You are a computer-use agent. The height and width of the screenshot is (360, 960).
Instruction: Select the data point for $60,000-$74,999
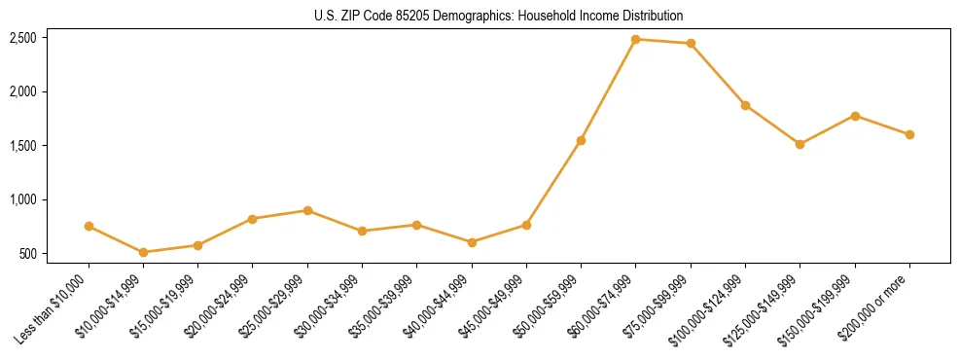636,39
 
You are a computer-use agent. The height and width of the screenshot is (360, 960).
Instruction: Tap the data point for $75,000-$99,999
691,43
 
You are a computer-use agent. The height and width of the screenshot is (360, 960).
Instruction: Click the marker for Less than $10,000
89,226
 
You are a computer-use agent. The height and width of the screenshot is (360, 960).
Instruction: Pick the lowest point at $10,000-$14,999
143,252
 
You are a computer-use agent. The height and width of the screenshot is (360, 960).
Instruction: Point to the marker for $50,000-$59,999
581,140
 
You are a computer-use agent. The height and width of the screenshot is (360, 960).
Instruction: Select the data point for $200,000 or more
909,134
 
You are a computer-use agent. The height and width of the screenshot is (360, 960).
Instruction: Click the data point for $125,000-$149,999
800,144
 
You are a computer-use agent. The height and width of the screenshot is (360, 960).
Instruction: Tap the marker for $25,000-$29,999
307,210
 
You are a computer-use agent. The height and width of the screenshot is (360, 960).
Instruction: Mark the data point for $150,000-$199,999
855,116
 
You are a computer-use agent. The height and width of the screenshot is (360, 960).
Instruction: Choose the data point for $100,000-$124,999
745,105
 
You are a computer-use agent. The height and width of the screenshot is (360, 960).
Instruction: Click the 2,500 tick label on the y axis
22,38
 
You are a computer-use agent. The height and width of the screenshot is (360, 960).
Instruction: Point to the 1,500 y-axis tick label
22,146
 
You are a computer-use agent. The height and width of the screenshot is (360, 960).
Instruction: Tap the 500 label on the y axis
27,254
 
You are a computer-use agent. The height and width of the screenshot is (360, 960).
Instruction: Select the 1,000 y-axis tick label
22,199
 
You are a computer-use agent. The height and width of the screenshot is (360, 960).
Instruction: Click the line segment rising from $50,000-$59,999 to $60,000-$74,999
608,90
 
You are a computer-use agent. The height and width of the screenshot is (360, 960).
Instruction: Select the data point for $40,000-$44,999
472,242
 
